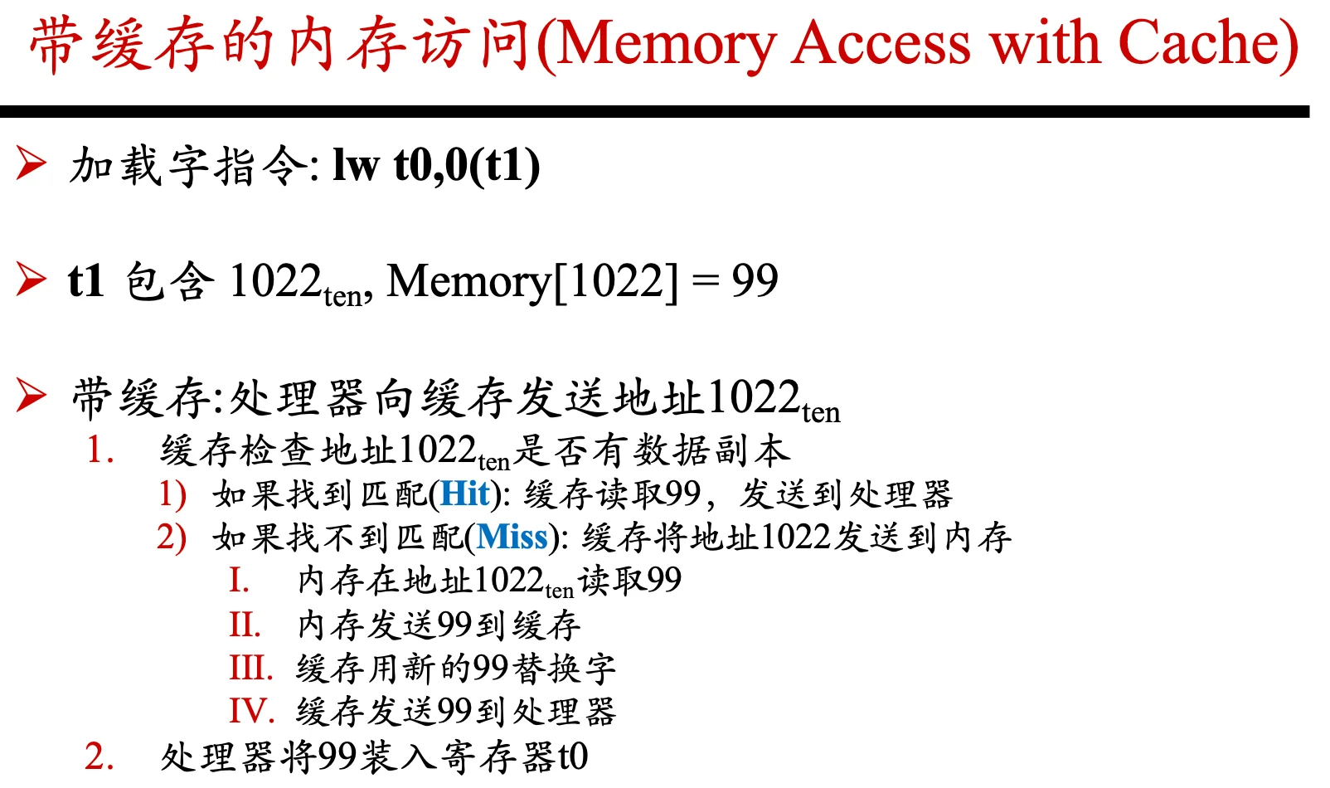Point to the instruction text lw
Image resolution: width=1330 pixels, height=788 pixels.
pyautogui.click(x=356, y=164)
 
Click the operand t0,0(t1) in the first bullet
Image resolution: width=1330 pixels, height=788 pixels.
pyautogui.click(x=467, y=166)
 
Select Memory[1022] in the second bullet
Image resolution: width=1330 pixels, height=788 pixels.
pyautogui.click(x=532, y=281)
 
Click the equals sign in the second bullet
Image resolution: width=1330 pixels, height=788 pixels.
pyautogui.click(x=705, y=281)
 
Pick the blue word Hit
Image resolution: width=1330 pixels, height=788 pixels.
pyautogui.click(x=465, y=494)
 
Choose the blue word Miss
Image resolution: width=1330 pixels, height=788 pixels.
pyautogui.click(x=512, y=537)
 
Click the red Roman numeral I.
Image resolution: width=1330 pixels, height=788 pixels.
pyautogui.click(x=239, y=580)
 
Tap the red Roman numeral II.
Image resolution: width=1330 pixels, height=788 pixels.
pyautogui.click(x=245, y=625)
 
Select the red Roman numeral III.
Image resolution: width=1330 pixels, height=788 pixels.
pyautogui.click(x=251, y=668)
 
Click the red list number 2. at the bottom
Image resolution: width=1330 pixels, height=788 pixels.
pyautogui.click(x=100, y=756)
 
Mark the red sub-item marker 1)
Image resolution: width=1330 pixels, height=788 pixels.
pyautogui.click(x=172, y=494)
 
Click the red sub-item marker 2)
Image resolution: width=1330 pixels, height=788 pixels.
pyautogui.click(x=172, y=537)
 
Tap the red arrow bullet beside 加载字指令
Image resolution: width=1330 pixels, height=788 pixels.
pyautogui.click(x=31, y=163)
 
